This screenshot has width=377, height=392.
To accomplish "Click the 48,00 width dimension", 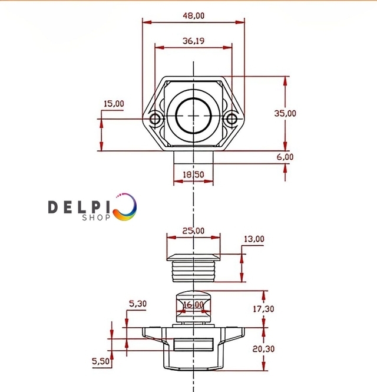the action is [x=194, y=16].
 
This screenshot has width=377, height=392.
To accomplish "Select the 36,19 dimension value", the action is [x=193, y=41].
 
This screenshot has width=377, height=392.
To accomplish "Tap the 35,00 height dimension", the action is [x=285, y=113].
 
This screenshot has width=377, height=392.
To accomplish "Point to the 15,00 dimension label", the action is [x=114, y=104].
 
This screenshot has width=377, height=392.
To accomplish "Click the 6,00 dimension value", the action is [x=285, y=157].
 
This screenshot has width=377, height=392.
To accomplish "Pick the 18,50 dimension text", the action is [x=193, y=174].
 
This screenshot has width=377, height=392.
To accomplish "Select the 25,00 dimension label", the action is [x=193, y=230].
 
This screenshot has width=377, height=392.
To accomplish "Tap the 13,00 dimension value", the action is [x=254, y=239].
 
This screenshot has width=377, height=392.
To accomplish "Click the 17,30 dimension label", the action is [x=263, y=309].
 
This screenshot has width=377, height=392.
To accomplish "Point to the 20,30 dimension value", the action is [x=263, y=349].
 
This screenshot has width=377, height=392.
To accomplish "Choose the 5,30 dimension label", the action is [x=138, y=304].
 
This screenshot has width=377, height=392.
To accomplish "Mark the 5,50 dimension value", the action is [x=101, y=361].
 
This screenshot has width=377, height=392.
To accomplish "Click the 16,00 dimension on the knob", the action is [x=193, y=305].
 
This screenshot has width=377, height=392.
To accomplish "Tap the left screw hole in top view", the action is [x=155, y=118].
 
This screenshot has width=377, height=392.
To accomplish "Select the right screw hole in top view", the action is [x=232, y=118].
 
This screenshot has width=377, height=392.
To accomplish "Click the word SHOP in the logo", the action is [x=96, y=218].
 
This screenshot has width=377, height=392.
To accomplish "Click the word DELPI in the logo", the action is [x=79, y=207].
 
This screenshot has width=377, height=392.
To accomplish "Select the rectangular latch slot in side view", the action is [x=194, y=344].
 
